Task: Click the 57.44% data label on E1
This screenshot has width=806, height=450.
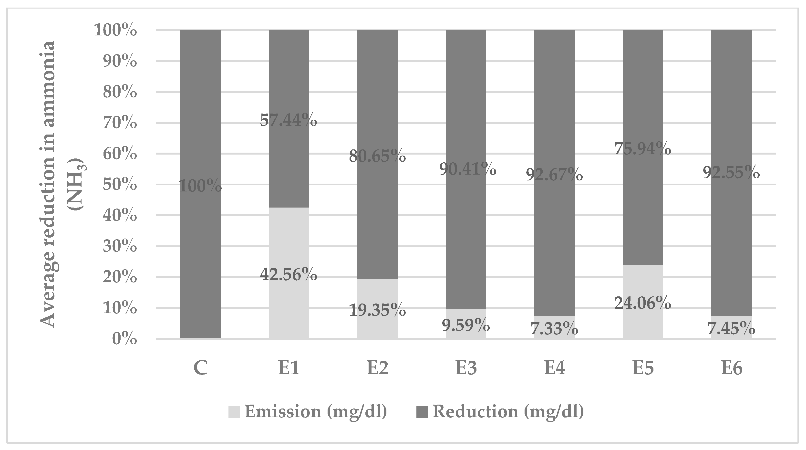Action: click(288, 120)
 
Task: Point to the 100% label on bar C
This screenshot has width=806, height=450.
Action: click(200, 186)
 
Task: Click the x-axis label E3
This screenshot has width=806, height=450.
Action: click(466, 368)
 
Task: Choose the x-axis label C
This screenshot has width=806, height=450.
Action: click(200, 368)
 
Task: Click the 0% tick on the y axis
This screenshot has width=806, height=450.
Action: click(124, 339)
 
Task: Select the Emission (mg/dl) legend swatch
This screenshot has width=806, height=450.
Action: click(234, 412)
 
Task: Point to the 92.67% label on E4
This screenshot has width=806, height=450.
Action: click(554, 174)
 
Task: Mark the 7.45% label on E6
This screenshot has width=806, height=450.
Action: click(731, 329)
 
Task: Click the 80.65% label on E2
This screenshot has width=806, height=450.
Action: click(377, 156)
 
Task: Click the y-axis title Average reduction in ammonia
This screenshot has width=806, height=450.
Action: click(49, 184)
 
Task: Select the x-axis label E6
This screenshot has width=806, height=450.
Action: click(732, 368)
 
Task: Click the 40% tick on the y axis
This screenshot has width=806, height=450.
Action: click(120, 216)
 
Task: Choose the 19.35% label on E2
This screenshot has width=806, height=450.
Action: click(377, 310)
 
